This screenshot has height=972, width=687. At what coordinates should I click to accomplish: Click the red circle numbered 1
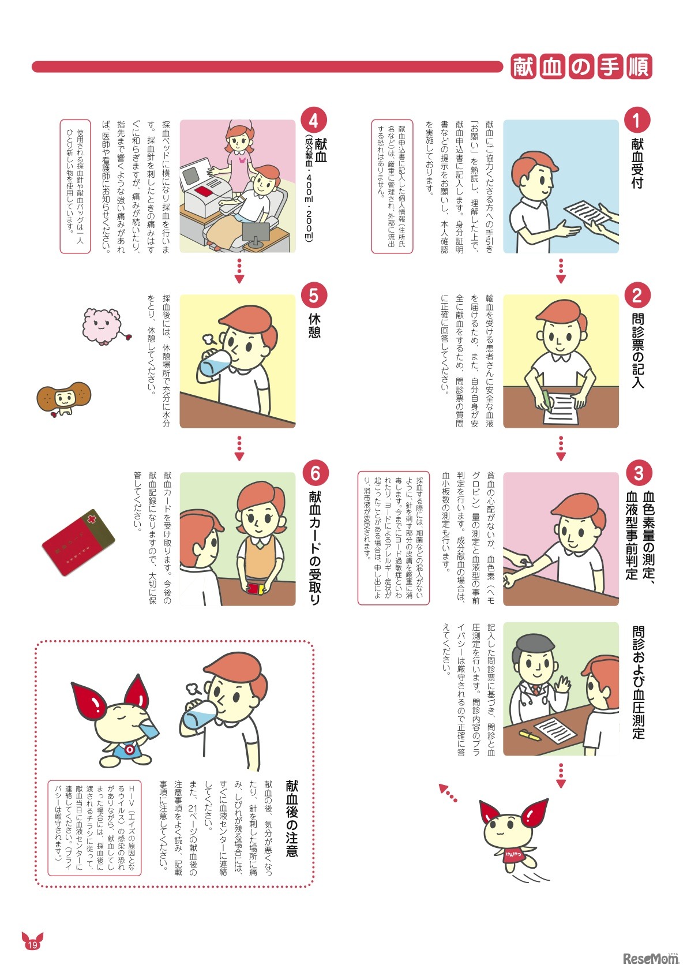coord(637,120)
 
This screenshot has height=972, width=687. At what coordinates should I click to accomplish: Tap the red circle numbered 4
coord(314,120)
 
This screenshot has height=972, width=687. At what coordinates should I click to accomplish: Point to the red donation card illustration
coord(78,542)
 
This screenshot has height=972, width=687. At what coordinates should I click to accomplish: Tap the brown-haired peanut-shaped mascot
coord(64,398)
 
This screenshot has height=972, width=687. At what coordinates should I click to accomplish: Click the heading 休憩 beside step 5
coord(314,325)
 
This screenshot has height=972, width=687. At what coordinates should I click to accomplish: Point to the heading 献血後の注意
coord(292,818)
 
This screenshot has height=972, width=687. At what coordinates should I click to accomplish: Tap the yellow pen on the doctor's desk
coord(530,734)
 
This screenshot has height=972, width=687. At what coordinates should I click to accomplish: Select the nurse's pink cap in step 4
coord(236,128)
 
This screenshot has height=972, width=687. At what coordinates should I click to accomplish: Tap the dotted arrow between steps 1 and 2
coord(561,271)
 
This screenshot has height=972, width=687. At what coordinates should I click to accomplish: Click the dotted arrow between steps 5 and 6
coord(239,448)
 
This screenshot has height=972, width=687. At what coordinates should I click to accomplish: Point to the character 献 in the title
coord(524,67)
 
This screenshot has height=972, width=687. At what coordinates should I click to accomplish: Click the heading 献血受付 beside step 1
coord(637,163)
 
